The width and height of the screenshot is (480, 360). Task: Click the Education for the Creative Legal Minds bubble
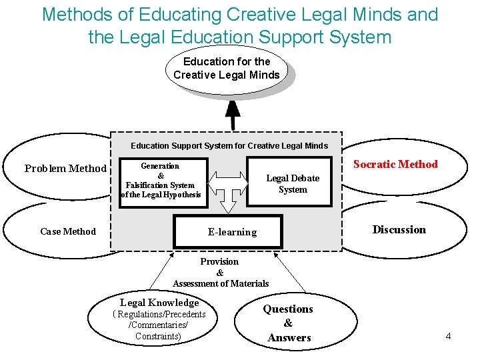[226, 68]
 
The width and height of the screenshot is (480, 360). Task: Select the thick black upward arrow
[233, 115]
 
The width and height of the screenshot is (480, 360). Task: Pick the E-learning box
[232, 232]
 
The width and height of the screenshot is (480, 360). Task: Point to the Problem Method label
[65, 169]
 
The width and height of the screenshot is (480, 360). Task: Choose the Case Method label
[68, 231]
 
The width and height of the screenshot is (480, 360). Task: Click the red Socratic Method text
[395, 165]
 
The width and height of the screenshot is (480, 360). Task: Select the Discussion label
[399, 230]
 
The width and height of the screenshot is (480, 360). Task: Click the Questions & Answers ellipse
[288, 323]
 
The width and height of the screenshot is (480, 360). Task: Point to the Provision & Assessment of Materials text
[221, 273]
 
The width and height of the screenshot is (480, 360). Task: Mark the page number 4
[448, 336]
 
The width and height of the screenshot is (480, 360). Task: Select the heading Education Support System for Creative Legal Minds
[229, 145]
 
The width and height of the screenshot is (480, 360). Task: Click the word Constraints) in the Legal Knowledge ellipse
[158, 337]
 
